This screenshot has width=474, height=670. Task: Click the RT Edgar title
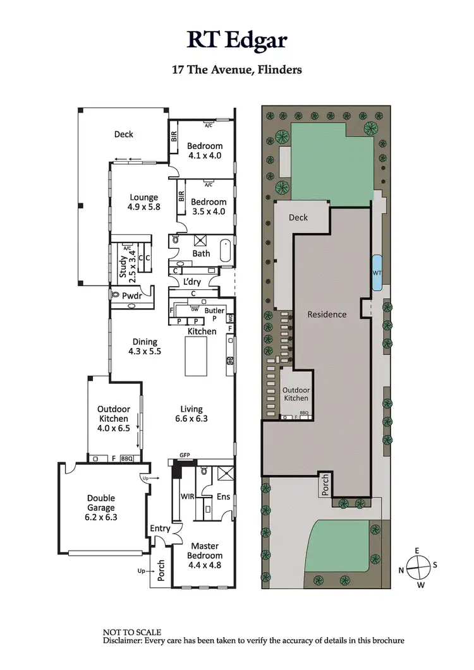click(237, 40)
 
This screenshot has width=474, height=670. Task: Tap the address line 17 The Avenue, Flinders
click(237, 69)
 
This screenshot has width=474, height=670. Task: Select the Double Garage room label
click(101, 507)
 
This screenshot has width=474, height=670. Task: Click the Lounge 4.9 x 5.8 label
click(144, 202)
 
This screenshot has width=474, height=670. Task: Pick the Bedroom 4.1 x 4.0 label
click(204, 150)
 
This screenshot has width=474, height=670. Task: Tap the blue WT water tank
click(377, 273)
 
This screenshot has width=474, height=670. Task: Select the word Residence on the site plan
click(327, 314)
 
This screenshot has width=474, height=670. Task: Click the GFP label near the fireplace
click(185, 455)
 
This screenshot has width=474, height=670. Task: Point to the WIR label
click(187, 497)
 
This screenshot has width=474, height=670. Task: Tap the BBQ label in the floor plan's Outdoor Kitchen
click(127, 458)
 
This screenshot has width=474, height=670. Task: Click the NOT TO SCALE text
click(132, 632)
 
